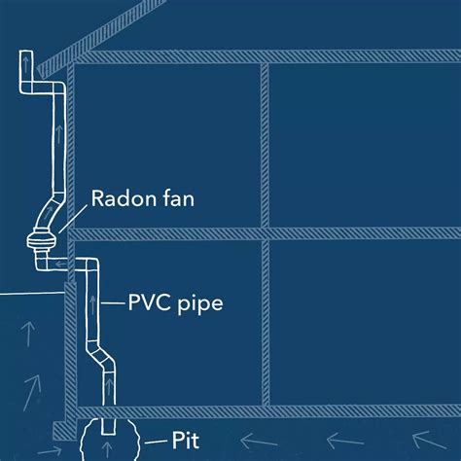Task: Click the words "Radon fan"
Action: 142,199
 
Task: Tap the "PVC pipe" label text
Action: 175,303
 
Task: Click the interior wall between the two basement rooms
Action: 263,322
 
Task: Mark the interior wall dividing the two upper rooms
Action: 263,145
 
